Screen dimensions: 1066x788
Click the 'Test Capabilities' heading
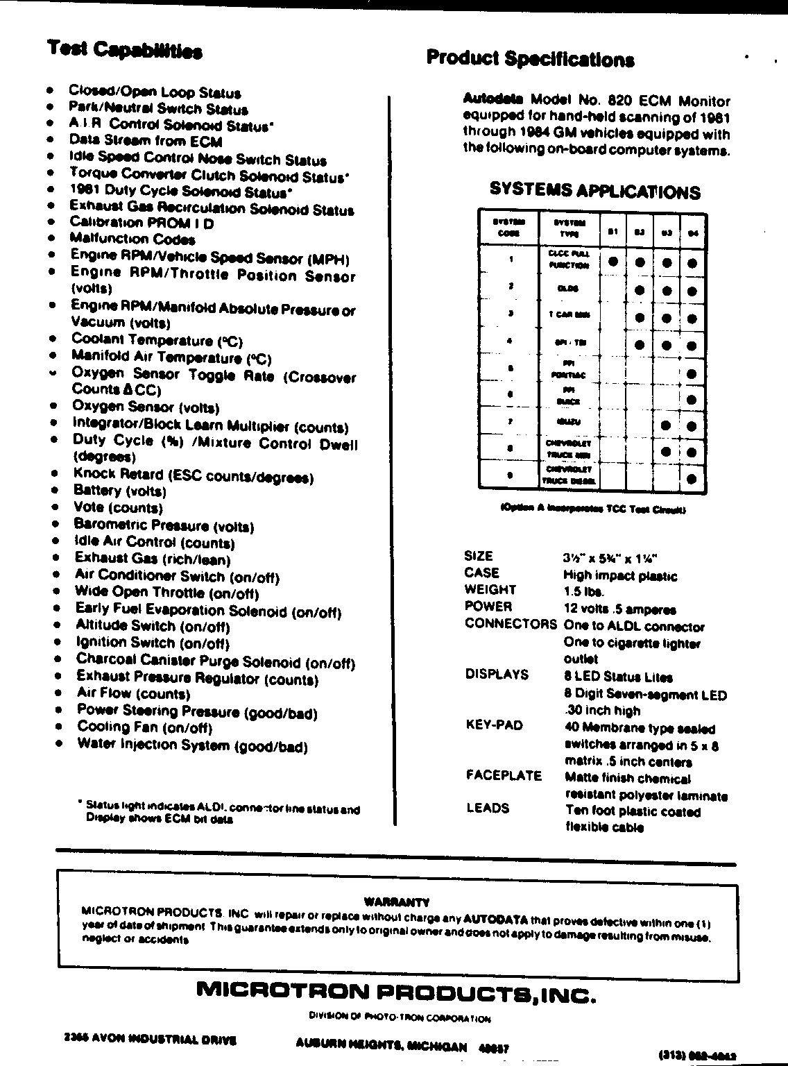124,50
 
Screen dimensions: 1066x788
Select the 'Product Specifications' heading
530,58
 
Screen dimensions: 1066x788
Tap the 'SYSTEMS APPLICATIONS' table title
595,191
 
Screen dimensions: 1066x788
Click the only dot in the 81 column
613,262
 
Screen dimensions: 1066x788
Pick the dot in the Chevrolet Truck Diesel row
692,479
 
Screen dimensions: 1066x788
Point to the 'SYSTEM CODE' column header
508,228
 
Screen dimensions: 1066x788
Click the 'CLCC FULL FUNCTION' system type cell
568,260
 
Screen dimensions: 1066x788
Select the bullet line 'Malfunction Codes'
132,239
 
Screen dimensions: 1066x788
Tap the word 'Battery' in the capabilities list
97,490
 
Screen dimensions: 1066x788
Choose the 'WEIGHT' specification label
490,589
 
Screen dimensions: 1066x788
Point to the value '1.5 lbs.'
584,592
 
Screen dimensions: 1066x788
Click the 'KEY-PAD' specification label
494,725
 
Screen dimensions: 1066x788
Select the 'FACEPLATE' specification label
504,776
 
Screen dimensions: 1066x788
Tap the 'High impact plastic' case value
620,575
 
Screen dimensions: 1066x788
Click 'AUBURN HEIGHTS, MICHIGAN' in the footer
381,1044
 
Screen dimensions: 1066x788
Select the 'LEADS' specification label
488,809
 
